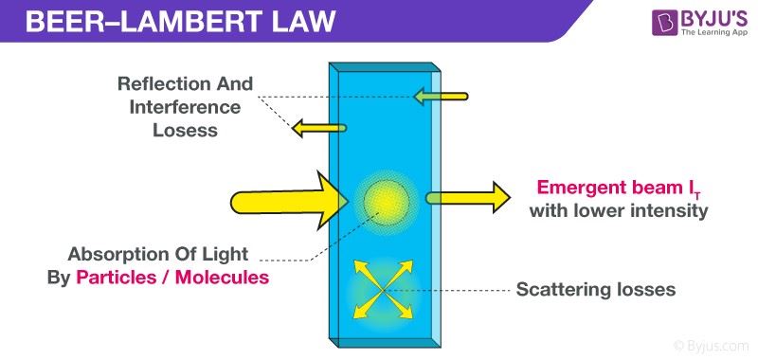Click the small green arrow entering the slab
pyautogui.click(x=440, y=96)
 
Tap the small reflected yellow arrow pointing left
pyautogui.click(x=318, y=127)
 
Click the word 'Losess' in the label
pyautogui.click(x=186, y=130)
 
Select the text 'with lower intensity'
pyautogui.click(x=619, y=210)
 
